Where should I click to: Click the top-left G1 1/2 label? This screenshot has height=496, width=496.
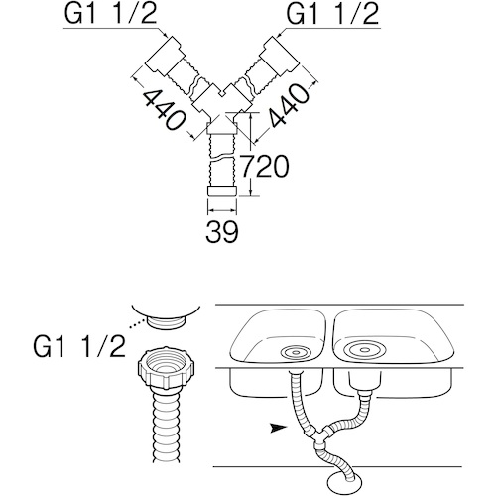tap(110, 14)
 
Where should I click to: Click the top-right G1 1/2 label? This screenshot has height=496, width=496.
tap(332, 14)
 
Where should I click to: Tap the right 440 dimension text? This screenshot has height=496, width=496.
tap(290, 106)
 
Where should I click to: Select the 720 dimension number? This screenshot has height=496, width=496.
tap(265, 167)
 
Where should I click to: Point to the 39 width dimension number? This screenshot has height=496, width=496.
tap(222, 231)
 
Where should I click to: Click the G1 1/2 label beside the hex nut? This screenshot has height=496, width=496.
tap(79, 346)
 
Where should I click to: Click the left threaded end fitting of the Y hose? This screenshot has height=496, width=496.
tap(162, 56)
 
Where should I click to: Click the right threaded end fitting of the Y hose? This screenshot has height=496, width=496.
tap(280, 56)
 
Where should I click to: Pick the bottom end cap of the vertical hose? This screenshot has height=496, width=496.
tap(222, 191)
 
